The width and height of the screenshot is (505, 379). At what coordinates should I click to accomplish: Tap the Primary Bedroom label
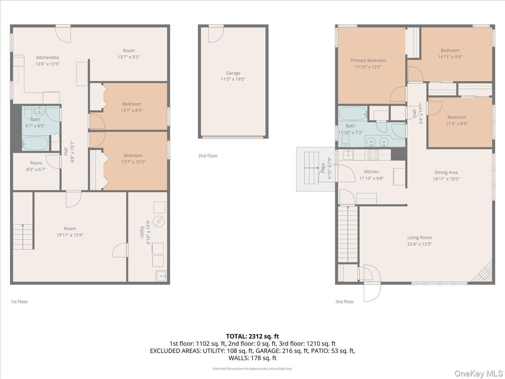(x=368, y=61)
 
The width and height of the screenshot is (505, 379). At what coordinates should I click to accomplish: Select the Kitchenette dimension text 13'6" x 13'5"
(x=48, y=64)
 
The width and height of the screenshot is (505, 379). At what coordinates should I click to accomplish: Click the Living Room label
(x=419, y=238)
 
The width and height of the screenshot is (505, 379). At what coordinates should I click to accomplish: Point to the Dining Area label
(x=446, y=172)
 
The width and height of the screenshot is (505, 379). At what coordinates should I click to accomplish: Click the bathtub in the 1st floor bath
(x=36, y=143)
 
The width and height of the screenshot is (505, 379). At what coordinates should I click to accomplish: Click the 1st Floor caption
(x=19, y=302)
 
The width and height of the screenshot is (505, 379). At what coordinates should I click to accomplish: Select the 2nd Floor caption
(x=208, y=156)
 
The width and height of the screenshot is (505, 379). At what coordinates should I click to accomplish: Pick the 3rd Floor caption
(x=344, y=302)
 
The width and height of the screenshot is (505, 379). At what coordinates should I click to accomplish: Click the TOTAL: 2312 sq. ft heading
(x=252, y=336)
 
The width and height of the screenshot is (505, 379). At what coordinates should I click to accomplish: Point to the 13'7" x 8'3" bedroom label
(x=132, y=104)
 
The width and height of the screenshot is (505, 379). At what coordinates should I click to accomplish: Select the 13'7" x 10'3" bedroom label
(x=133, y=155)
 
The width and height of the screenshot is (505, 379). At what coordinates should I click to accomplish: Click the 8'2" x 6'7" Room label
(x=36, y=163)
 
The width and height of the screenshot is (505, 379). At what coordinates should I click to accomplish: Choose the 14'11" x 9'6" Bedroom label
(x=450, y=51)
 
